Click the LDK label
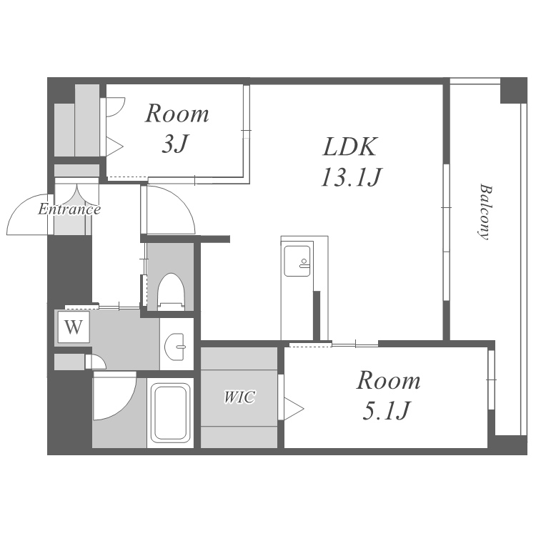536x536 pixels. [x=349, y=147]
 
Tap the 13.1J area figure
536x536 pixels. [x=351, y=177]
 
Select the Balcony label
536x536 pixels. [x=485, y=212]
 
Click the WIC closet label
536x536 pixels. [x=239, y=397]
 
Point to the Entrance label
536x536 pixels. [x=69, y=209]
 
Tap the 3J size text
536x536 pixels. [x=175, y=144]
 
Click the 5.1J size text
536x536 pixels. [x=386, y=410]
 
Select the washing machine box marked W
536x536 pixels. [x=74, y=327]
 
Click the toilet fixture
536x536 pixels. [x=171, y=292]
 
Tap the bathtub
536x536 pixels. [x=171, y=412]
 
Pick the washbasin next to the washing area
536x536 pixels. [x=175, y=347]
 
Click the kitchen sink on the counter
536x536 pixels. [x=297, y=261]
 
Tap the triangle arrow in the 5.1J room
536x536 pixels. [x=294, y=409]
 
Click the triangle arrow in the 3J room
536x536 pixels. [x=114, y=147]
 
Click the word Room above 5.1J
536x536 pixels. [x=388, y=380]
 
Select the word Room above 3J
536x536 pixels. [x=177, y=114]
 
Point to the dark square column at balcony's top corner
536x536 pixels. [x=513, y=91]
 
